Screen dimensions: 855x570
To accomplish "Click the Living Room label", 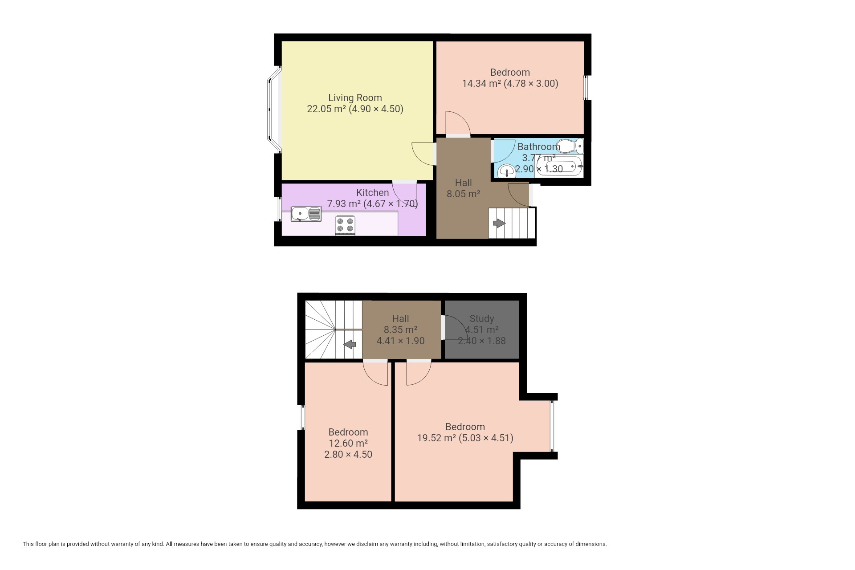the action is [355, 98].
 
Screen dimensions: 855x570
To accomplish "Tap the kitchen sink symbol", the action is [306, 214].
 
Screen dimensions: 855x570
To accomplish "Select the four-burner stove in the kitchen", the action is [345, 225].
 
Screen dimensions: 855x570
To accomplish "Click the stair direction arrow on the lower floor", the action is [499, 223].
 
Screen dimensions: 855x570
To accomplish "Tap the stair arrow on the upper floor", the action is [350, 344].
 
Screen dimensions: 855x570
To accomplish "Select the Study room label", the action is [482, 318].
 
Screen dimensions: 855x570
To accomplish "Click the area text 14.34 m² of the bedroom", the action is [481, 83].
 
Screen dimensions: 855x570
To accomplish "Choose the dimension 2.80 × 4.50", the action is [348, 454].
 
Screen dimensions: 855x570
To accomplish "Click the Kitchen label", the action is [373, 192].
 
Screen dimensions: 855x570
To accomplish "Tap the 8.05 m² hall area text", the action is [464, 194].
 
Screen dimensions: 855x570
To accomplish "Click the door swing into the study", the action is [453, 327].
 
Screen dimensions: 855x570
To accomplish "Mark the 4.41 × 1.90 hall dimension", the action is [400, 341].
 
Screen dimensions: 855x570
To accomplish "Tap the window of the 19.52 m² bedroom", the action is [552, 426].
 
